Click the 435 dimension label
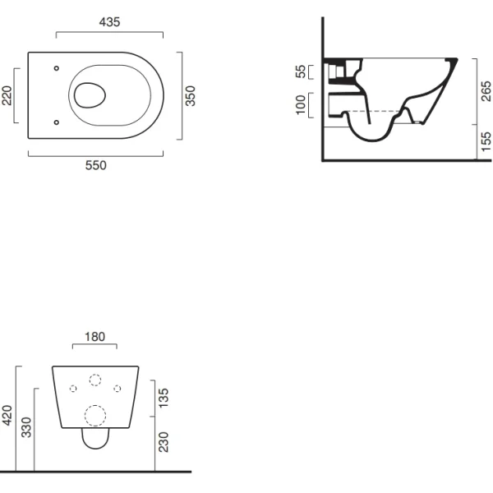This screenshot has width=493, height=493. tap(109, 22)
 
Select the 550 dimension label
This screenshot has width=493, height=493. tap(96, 165)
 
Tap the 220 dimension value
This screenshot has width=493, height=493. tap(7, 95)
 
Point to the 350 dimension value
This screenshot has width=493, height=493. tap(190, 96)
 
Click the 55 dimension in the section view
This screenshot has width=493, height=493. tap(301, 71)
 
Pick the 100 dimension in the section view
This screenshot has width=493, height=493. tap(301, 104)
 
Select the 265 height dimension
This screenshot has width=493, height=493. tap(486, 91)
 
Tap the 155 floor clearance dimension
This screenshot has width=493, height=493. tap(486, 141)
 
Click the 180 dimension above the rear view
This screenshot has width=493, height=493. tap(95, 337)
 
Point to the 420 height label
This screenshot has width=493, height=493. tap(7, 415)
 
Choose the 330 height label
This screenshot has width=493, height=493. tap(26, 427)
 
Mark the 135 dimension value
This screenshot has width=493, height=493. tap(164, 398)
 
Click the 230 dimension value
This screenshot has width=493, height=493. tap(164, 442)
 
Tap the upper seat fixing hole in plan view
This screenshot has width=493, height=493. tap(57, 68)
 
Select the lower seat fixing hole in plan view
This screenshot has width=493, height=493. tap(57, 122)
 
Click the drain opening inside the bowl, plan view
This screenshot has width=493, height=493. tap(90, 95)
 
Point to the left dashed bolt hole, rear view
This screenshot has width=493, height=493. tap(73, 389)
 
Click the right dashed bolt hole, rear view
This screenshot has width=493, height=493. tap(117, 389)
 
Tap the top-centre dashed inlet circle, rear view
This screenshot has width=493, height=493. tap(95, 380)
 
